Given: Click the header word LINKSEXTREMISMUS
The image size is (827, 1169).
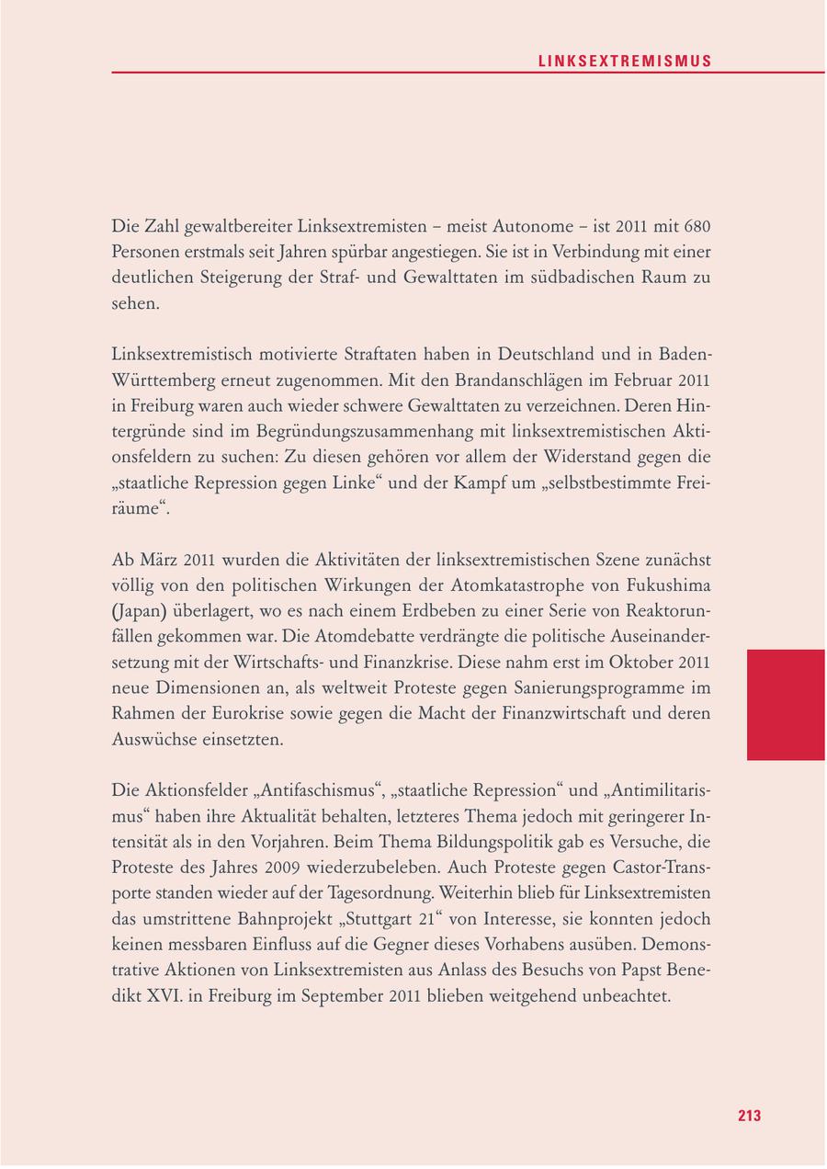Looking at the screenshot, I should click(625, 62).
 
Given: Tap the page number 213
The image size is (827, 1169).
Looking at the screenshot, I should click(749, 1116).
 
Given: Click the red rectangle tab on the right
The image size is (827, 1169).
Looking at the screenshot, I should click(786, 704).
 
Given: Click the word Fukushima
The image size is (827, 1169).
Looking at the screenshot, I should click(667, 585).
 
